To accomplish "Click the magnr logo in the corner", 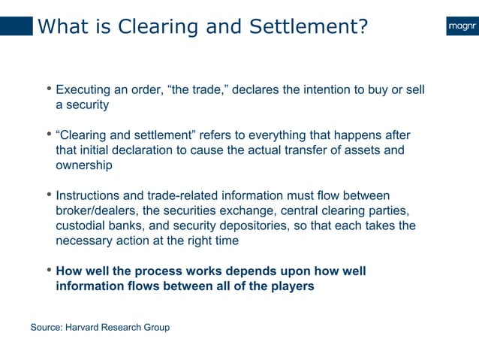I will coord(460,27).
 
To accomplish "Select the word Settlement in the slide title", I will coord(306,27).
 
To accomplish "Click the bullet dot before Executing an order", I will coord(50,90).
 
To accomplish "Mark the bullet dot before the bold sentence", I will coord(50,271).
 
